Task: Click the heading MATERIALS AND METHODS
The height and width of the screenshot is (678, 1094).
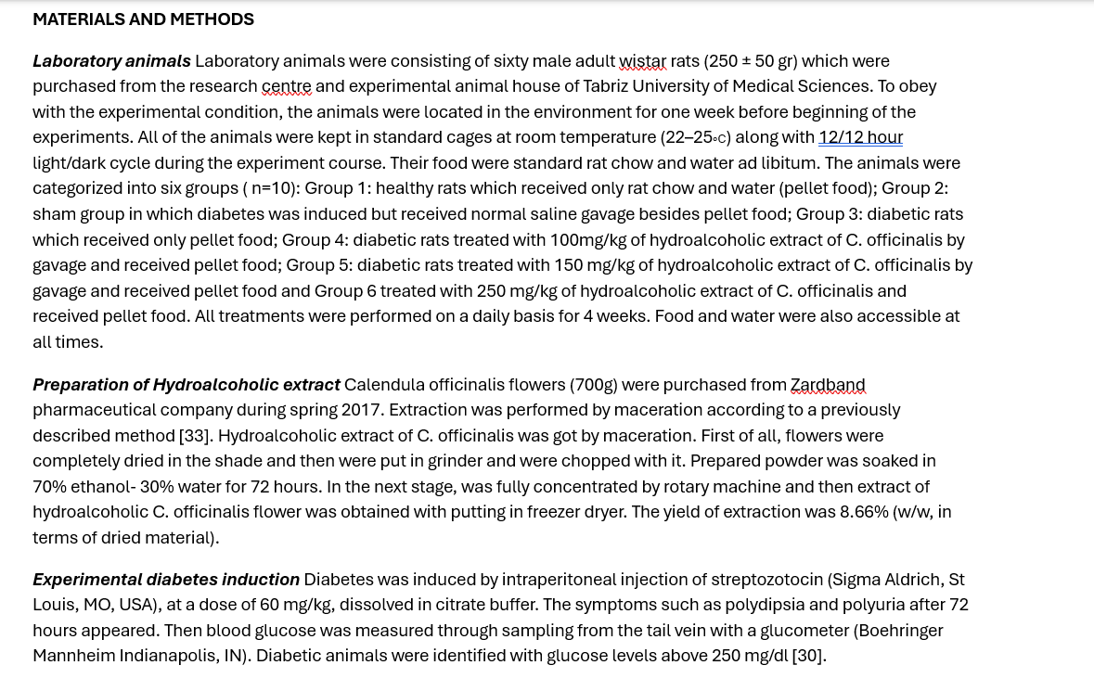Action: (x=143, y=19)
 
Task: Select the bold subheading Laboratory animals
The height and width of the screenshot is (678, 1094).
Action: (x=111, y=61)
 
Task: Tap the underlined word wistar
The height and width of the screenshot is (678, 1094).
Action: (x=642, y=61)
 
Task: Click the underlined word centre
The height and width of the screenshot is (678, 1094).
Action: (x=286, y=86)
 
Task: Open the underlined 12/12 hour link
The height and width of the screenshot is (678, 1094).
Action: (x=860, y=137)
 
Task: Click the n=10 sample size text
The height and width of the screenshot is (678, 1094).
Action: (x=271, y=188)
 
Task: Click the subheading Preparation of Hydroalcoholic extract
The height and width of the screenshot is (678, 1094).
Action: (x=186, y=385)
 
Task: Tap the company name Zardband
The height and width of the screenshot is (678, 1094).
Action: (x=827, y=385)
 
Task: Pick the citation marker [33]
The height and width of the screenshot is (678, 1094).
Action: (x=195, y=436)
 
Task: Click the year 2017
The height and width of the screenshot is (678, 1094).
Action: (x=361, y=410)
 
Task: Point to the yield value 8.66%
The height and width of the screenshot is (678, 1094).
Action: (x=863, y=512)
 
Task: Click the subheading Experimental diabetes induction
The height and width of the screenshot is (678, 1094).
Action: (x=166, y=580)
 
